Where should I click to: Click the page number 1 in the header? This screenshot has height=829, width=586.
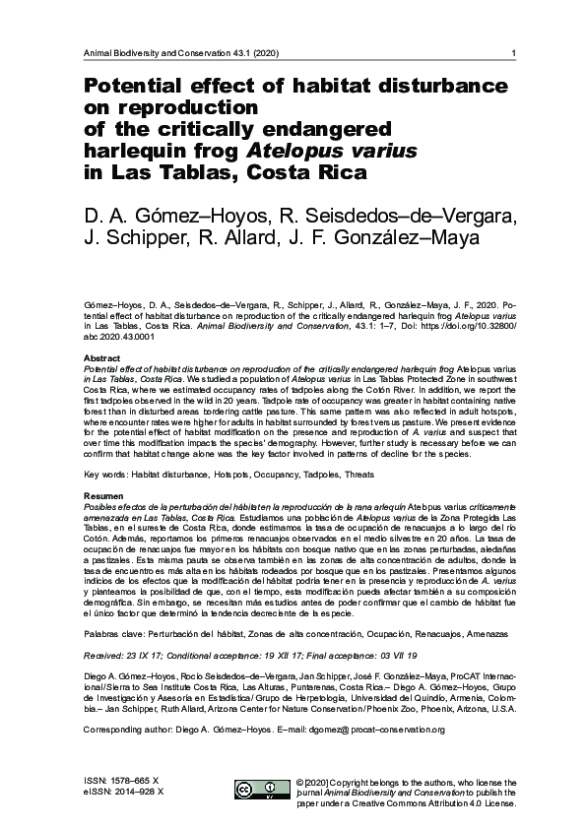coord(502,53)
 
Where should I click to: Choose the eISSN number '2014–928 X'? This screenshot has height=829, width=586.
coord(139,791)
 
